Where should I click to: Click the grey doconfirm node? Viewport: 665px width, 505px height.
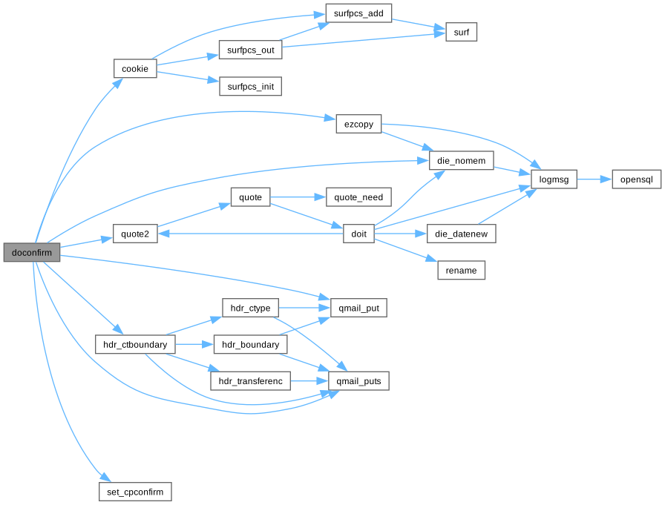coord(31,252)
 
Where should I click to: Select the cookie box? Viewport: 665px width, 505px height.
coord(135,69)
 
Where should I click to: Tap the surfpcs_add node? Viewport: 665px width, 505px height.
coord(358,13)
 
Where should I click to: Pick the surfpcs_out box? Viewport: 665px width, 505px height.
coord(249,50)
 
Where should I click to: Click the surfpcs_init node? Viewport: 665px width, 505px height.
coord(249,87)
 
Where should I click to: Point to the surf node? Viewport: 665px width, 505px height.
coord(460,32)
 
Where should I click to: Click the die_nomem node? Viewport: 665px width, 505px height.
coord(461,159)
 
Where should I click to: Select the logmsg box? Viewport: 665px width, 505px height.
coord(554,179)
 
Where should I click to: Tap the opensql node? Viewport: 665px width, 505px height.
coord(636,179)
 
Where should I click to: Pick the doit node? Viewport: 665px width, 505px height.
coord(358,234)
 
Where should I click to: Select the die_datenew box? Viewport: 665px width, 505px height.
coord(461,234)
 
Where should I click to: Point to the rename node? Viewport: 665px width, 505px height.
coord(461,270)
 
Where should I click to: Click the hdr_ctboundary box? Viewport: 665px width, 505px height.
coord(135,344)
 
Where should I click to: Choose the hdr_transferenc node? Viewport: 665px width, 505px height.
coord(249,381)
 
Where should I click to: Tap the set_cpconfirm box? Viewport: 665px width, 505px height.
coord(135,492)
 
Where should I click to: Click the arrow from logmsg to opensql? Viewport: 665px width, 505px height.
coord(594,179)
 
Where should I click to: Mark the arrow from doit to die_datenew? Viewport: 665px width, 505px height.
coord(401,234)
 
